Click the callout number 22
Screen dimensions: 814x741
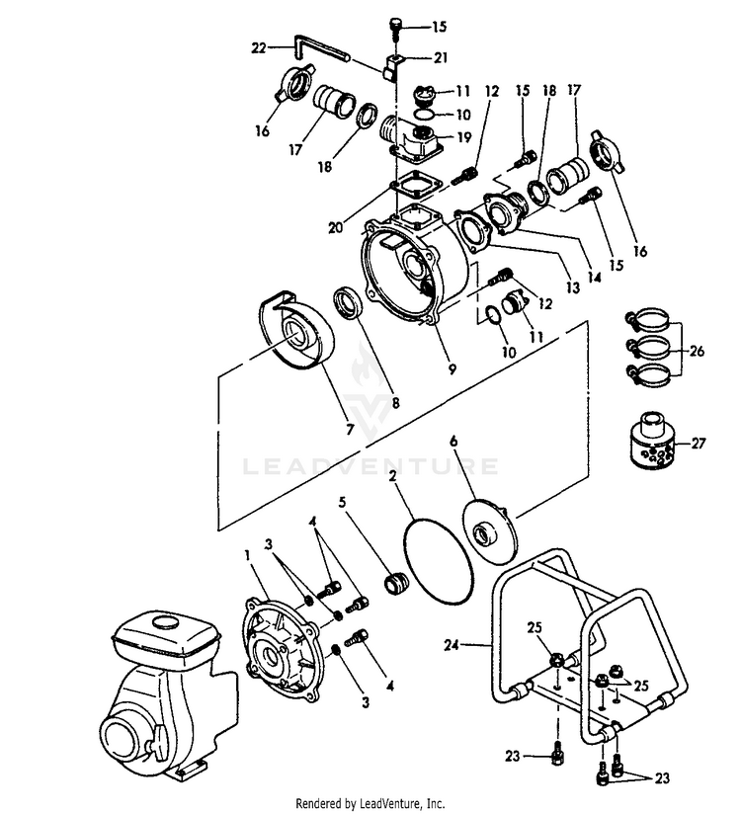(258, 46)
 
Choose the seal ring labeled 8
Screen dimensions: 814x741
(349, 300)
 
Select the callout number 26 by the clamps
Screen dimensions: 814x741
(698, 351)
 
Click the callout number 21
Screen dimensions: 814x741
(441, 56)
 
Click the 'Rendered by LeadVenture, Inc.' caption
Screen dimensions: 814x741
(370, 803)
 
